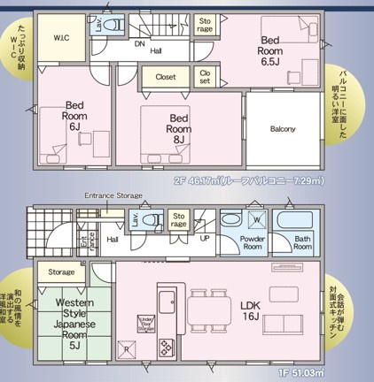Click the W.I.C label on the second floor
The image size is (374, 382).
tap(62, 38)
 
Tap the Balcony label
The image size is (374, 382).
tap(283, 129)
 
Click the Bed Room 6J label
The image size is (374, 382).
tap(74, 119)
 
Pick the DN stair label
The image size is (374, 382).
tap(139, 42)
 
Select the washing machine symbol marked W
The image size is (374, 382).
tap(257, 220)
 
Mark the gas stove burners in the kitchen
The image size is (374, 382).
tap(167, 348)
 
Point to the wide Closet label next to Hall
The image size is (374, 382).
tap(166, 77)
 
